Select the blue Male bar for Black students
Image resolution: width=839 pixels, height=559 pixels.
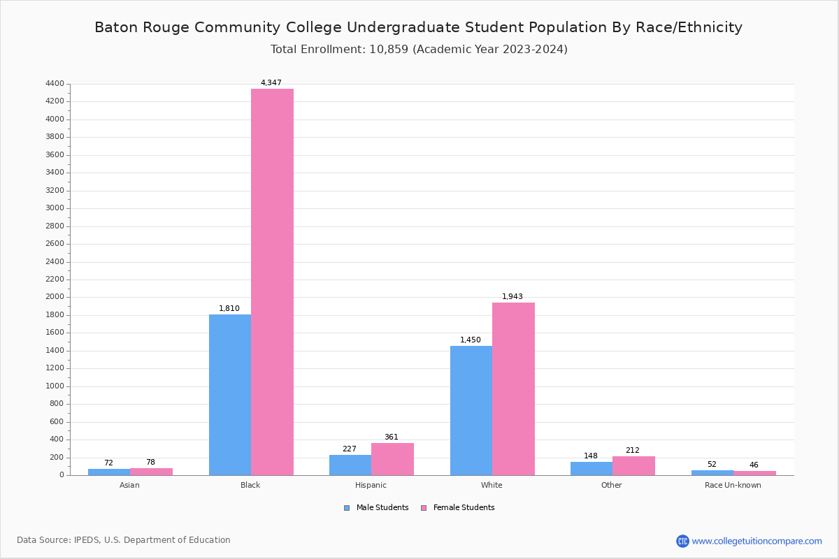(230, 395)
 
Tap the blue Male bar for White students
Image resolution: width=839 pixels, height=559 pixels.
(471, 410)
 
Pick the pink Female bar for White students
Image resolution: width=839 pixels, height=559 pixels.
(513, 389)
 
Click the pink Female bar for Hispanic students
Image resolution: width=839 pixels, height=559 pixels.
(392, 459)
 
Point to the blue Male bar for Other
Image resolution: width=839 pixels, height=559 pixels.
(591, 468)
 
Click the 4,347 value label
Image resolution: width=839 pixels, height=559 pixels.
(271, 83)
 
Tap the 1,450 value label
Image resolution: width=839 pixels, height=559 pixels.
(471, 340)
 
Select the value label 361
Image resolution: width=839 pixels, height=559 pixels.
(392, 437)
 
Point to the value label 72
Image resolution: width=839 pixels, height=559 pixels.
(108, 463)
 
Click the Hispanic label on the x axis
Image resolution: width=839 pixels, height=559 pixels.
(371, 486)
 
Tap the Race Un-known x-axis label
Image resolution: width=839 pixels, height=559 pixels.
(733, 486)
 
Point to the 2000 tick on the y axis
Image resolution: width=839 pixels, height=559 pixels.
(56, 297)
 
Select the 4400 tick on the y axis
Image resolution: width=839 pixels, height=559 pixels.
(56, 84)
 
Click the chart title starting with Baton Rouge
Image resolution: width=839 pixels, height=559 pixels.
(418, 28)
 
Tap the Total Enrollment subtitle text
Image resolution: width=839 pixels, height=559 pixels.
(419, 50)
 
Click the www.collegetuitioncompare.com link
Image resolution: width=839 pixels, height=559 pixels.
(756, 541)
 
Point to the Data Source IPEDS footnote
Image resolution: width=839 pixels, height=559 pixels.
(124, 540)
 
